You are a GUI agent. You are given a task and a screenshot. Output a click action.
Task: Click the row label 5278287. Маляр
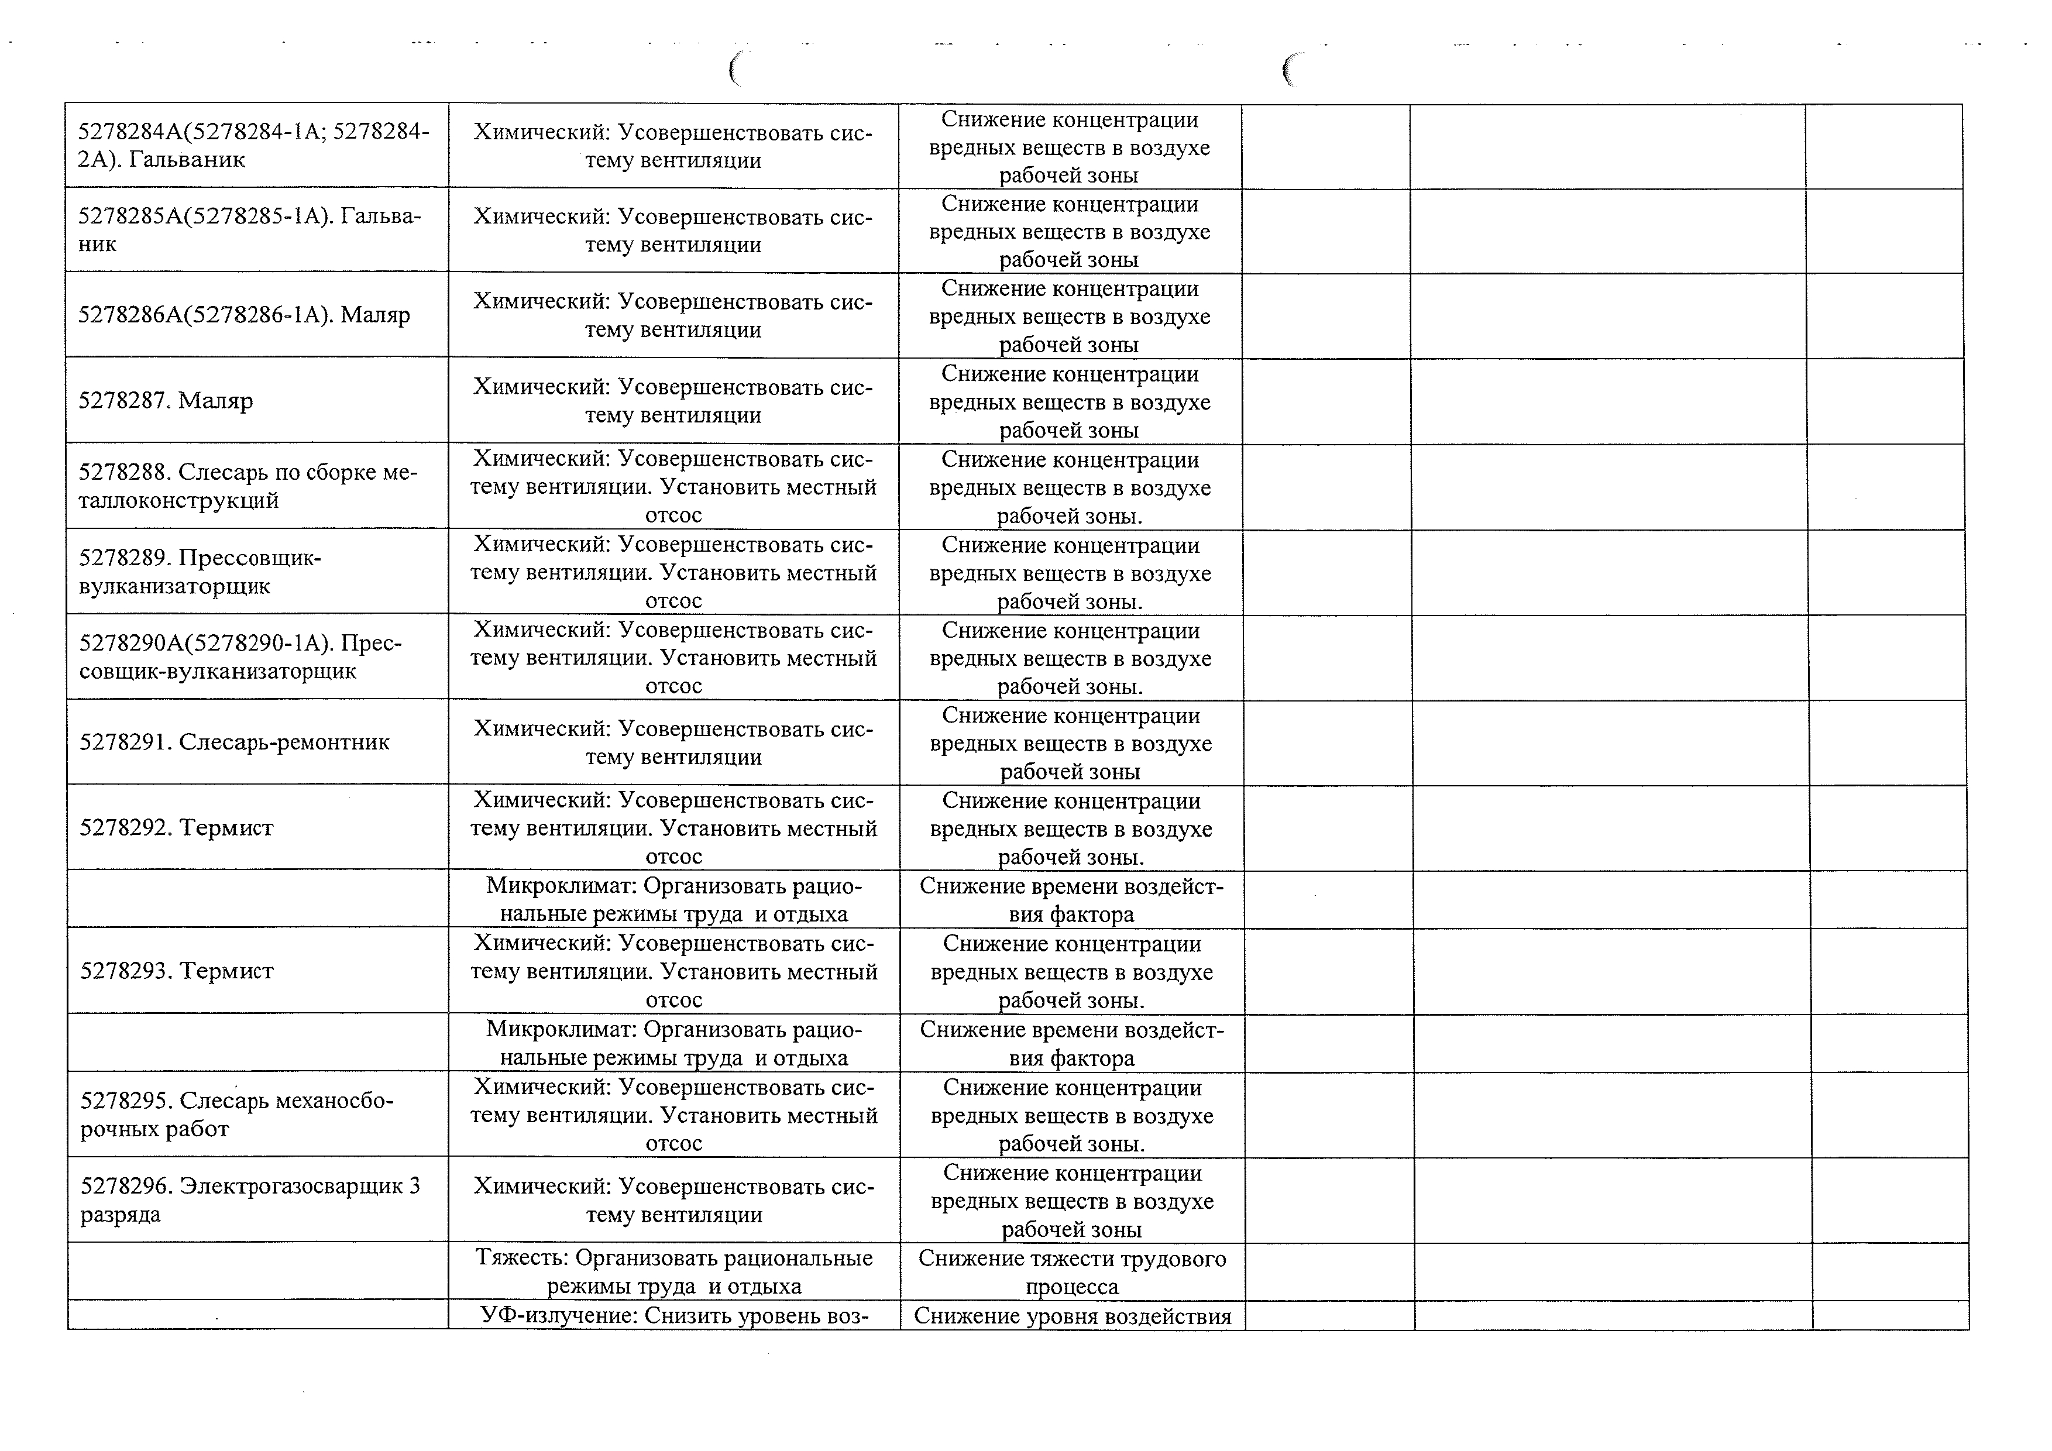[x=166, y=400]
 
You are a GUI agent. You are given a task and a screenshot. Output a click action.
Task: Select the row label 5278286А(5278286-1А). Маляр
[x=244, y=315]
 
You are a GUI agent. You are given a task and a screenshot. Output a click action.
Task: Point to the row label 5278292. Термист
[x=177, y=827]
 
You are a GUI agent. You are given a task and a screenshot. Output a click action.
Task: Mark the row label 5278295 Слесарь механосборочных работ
[x=237, y=1114]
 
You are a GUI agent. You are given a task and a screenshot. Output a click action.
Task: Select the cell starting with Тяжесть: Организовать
[x=674, y=1271]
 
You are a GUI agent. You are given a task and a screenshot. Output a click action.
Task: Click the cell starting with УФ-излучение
[x=674, y=1316]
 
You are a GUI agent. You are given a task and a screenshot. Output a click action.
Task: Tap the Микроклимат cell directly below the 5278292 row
[x=674, y=900]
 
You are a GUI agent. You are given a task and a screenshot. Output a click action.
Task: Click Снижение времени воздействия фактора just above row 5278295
[x=1071, y=1044]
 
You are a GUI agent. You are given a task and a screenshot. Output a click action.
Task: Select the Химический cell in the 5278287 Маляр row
[x=673, y=401]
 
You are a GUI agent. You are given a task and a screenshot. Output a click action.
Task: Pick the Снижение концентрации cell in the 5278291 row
[x=1071, y=744]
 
